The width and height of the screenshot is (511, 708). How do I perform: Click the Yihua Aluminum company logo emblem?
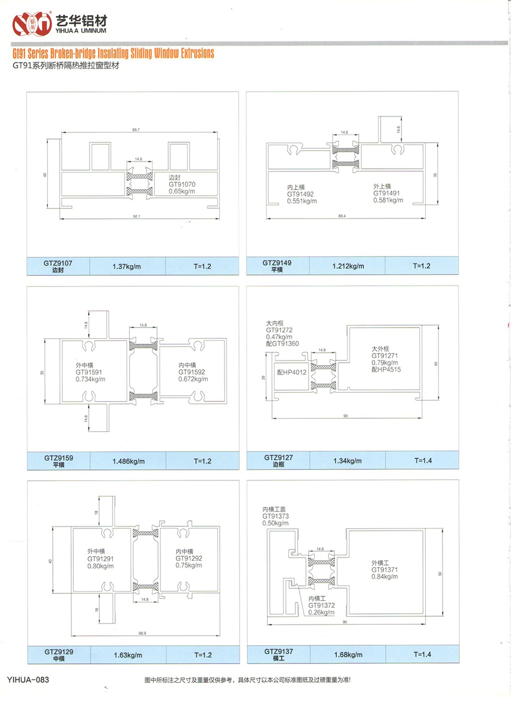[32, 23]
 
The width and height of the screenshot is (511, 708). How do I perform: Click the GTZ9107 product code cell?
[58, 266]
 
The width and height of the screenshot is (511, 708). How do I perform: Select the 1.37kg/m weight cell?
[127, 267]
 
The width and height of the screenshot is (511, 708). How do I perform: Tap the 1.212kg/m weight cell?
[348, 266]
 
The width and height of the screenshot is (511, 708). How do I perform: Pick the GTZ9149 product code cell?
[277, 266]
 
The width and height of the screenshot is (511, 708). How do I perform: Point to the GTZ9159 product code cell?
[58, 461]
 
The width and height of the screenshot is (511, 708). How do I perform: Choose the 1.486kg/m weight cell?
[128, 461]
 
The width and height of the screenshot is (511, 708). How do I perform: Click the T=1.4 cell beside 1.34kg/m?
[423, 461]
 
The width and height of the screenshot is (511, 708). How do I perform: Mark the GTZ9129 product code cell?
[59, 655]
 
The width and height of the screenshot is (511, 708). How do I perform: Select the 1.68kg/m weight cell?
[348, 655]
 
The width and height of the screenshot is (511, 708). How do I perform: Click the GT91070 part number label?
[182, 184]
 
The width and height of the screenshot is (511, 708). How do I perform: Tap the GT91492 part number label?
[300, 194]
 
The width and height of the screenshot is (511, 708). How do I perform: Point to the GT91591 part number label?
[89, 372]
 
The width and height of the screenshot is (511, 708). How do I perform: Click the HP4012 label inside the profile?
[292, 372]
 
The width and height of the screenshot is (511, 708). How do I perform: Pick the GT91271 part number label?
[385, 356]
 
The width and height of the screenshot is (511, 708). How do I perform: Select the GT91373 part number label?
[275, 516]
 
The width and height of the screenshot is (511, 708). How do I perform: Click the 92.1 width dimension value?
[136, 217]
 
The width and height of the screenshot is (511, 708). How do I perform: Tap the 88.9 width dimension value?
[142, 633]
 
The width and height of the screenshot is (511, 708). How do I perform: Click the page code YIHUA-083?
[28, 679]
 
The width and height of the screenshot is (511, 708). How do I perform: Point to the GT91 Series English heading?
[113, 53]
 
